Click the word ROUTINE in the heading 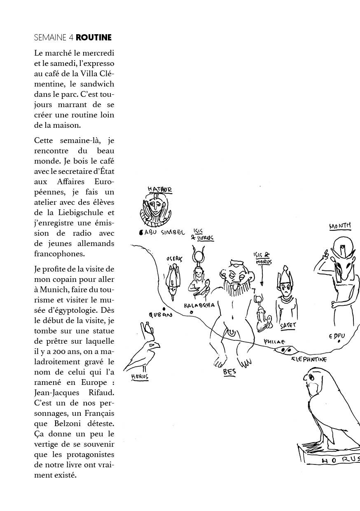coord(94,38)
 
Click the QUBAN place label coord(161,315)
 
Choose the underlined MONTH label coord(340,226)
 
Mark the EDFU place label coord(337,336)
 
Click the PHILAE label coord(274,342)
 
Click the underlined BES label coord(229,372)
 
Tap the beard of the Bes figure coord(236,288)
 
